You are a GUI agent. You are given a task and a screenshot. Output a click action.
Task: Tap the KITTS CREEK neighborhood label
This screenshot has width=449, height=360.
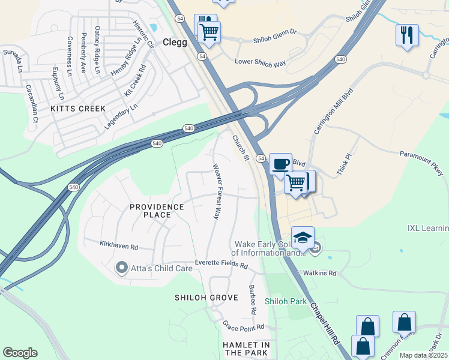78,109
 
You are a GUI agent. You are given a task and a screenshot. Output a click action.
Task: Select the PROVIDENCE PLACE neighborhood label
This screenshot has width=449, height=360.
157,211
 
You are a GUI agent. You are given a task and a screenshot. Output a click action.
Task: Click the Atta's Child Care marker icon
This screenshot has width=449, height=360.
122,267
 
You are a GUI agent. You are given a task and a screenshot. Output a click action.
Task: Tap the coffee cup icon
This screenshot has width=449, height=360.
280,164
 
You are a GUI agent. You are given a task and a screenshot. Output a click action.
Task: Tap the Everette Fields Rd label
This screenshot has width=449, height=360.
221,264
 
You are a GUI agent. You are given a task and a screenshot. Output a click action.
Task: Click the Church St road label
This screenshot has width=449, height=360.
241,148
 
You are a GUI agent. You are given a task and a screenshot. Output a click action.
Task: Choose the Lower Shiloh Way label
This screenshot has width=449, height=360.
261,62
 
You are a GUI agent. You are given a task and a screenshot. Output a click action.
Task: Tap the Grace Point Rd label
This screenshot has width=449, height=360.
244,327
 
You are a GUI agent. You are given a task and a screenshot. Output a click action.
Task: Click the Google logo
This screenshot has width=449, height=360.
20,353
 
